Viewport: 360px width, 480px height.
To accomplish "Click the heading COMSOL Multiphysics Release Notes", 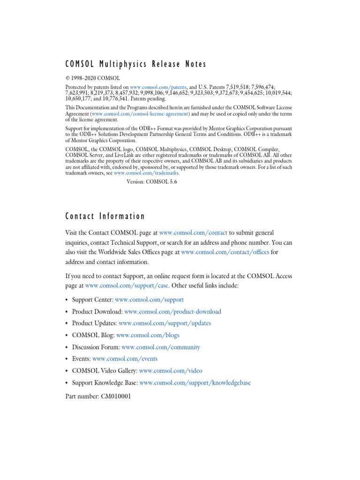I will [135, 64].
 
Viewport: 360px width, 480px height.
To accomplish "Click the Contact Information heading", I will [105, 216].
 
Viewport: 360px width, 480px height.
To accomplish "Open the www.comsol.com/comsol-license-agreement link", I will [141, 114].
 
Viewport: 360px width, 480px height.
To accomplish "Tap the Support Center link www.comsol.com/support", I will [149, 300].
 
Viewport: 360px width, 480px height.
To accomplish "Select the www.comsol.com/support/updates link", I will [165, 323].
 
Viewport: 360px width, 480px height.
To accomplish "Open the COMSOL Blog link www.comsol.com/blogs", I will [148, 335].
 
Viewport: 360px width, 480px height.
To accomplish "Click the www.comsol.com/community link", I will [160, 347].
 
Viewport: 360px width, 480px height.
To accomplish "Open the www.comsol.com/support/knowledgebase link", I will [195, 383].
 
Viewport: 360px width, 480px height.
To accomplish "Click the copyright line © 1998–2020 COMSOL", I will [93, 78].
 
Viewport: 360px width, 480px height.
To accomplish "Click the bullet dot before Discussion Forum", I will [67, 347].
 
